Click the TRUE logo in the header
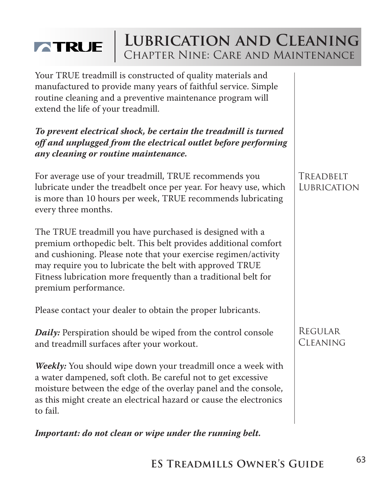pos(68,47)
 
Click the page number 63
pos(360,460)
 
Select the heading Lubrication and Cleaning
pos(241,41)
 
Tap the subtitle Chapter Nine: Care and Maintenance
pos(239,55)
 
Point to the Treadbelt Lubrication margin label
pos(328,182)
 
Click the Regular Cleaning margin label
pos(322,337)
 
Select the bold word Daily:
pos(47,333)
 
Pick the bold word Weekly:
pos(51,366)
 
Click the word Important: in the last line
pos(57,433)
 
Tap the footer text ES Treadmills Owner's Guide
pos(237,464)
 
